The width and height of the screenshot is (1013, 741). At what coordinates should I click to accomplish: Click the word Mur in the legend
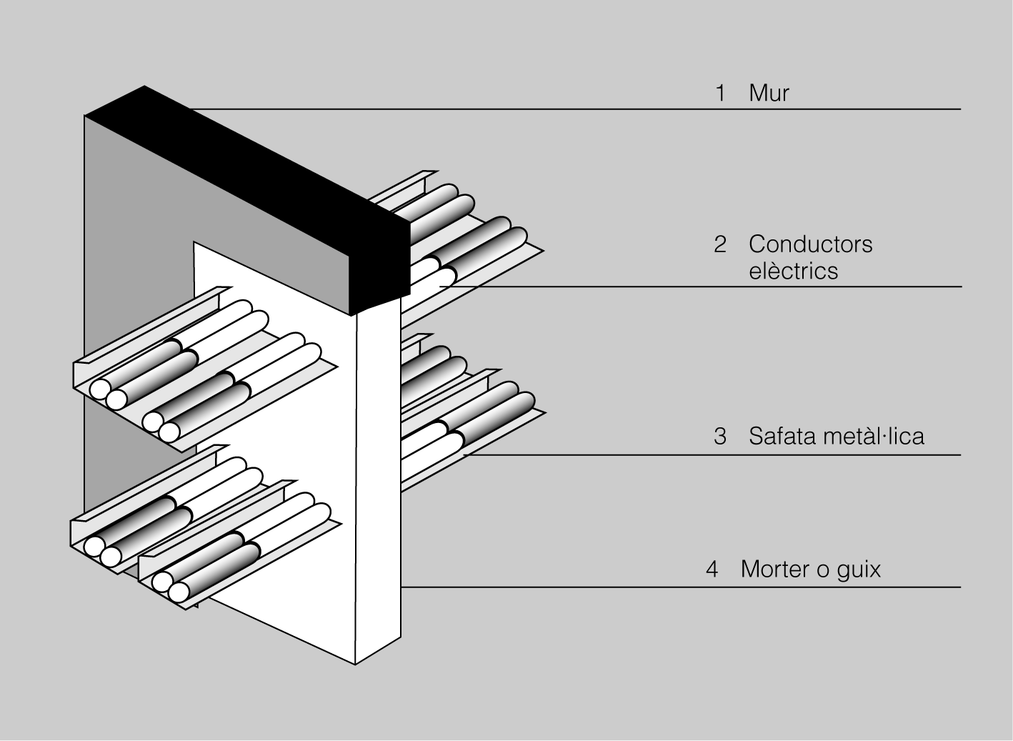pyautogui.click(x=769, y=93)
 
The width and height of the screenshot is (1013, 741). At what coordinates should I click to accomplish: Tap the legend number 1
pyautogui.click(x=720, y=93)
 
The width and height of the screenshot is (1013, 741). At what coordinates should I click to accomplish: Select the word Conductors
pyautogui.click(x=810, y=244)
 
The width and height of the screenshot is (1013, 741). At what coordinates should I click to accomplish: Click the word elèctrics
pyautogui.click(x=793, y=271)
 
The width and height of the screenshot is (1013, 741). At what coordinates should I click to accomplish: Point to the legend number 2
pyautogui.click(x=720, y=244)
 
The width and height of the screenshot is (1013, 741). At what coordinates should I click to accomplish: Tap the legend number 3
pyautogui.click(x=720, y=436)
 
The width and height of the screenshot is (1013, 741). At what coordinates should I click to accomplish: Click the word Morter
pyautogui.click(x=775, y=569)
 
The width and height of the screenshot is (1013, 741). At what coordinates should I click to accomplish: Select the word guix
pyautogui.click(x=858, y=570)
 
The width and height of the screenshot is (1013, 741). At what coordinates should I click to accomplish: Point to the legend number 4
pyautogui.click(x=712, y=570)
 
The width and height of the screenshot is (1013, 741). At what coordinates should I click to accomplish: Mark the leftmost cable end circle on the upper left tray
pyautogui.click(x=99, y=389)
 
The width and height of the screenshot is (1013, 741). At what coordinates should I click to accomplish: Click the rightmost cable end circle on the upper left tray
pyautogui.click(x=169, y=432)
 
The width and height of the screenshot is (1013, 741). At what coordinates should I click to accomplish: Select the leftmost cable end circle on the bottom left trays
pyautogui.click(x=94, y=547)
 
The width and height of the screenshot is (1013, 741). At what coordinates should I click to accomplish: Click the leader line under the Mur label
pyautogui.click(x=572, y=109)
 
